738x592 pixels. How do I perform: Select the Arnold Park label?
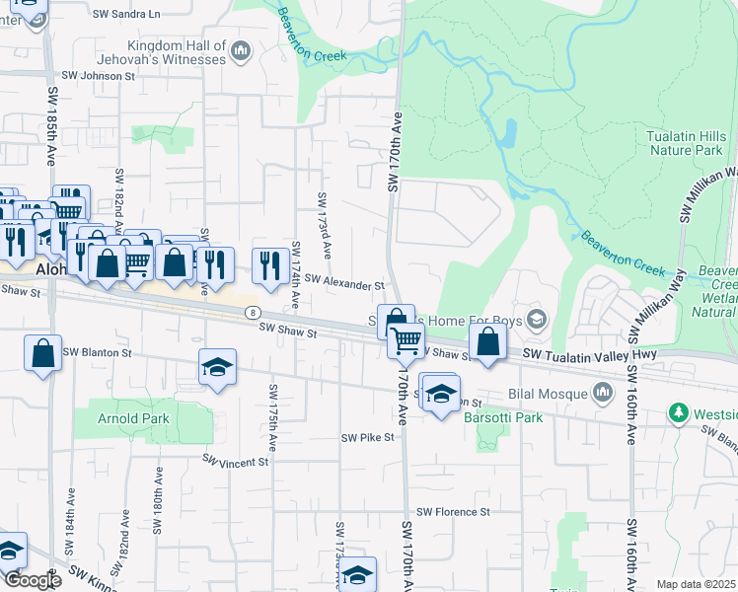click(133, 418)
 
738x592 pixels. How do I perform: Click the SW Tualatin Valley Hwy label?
click(588, 354)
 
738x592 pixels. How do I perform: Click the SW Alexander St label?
click(343, 281)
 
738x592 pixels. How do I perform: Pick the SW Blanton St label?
click(97, 351)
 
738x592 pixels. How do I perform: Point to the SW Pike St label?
click(367, 437)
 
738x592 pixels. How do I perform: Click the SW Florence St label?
click(453, 512)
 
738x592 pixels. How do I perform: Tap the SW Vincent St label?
click(236, 460)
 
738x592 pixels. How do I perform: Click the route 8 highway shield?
click(254, 312)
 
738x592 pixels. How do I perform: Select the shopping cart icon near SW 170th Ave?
click(406, 341)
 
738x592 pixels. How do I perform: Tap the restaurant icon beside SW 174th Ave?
click(270, 264)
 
